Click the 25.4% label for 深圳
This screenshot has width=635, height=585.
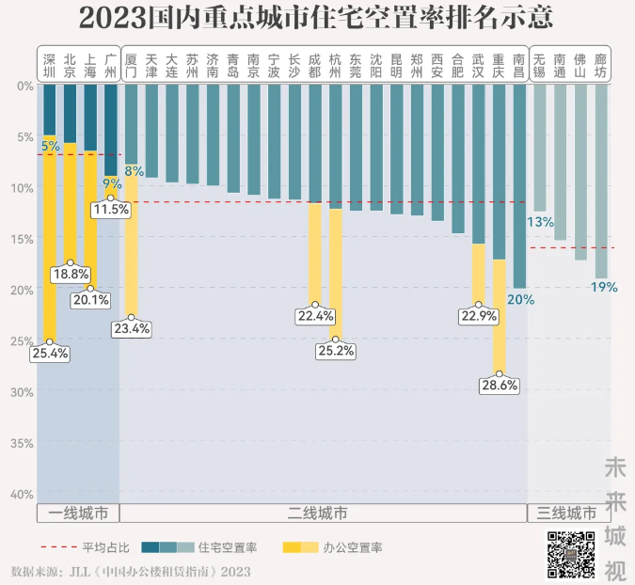click(49, 355)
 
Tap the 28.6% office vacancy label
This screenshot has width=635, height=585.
click(500, 386)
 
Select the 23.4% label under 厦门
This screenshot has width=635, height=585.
click(131, 328)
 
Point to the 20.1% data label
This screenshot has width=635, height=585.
click(91, 300)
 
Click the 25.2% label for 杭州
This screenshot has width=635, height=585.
click(336, 351)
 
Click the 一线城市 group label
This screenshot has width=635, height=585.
click(78, 514)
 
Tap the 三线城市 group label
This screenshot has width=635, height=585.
click(567, 514)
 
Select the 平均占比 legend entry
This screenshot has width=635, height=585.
click(82, 547)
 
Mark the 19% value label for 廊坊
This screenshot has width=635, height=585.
click(603, 287)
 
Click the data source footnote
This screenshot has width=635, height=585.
click(131, 571)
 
